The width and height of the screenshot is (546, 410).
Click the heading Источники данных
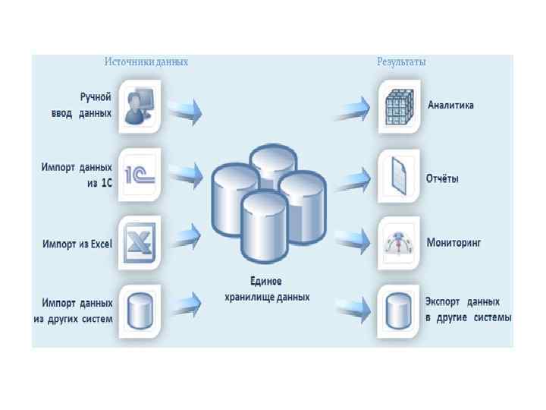click(x=146, y=61)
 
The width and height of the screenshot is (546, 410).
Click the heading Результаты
click(x=401, y=61)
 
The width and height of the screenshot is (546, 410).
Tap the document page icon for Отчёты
click(x=397, y=175)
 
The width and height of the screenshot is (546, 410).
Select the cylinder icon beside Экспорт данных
click(x=397, y=310)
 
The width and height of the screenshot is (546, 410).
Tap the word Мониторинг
click(x=454, y=244)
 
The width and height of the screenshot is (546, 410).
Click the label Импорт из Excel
click(x=77, y=244)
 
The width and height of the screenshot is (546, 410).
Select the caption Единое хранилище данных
click(x=267, y=289)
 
